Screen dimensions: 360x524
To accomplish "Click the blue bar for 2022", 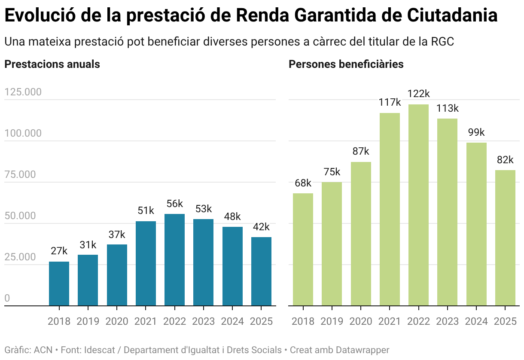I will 174,260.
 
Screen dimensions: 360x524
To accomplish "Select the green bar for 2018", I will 303,250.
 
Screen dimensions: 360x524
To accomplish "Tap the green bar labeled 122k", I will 418,205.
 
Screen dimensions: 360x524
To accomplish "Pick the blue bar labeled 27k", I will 59,284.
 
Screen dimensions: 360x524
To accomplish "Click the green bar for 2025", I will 505,238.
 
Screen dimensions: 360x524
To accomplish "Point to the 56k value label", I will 174,204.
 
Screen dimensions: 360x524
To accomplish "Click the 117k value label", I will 390,103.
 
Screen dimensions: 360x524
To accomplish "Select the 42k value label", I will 261,227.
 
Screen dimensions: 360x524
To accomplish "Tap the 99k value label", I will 476,132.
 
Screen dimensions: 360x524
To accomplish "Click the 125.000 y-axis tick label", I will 23,92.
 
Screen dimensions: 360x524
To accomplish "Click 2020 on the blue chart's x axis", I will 117,321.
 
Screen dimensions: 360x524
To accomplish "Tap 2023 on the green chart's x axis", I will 447,321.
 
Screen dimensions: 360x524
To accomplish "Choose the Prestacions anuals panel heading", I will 52,64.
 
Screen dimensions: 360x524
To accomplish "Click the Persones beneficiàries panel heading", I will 346,64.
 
